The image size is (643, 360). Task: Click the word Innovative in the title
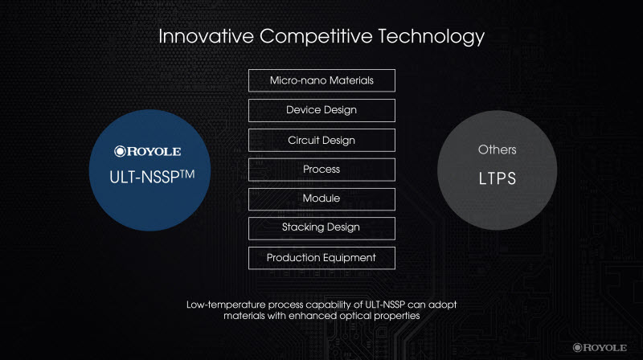(207, 36)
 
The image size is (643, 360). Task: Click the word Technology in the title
(431, 37)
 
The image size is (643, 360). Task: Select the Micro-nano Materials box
(322, 80)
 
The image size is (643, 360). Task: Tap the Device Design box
(322, 110)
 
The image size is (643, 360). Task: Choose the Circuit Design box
(322, 141)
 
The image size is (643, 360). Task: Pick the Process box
(322, 170)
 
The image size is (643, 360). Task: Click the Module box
(322, 199)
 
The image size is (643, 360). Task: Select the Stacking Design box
(322, 228)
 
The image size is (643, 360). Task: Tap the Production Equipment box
(322, 258)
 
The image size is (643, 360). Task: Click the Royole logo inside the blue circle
(148, 151)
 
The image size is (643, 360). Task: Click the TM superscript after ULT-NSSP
(187, 174)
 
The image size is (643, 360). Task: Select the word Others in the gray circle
(497, 149)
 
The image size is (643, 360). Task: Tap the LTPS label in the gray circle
(498, 178)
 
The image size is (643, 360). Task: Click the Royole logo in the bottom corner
(600, 348)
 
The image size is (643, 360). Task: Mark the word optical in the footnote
(355, 316)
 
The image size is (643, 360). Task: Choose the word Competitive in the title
(316, 37)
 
